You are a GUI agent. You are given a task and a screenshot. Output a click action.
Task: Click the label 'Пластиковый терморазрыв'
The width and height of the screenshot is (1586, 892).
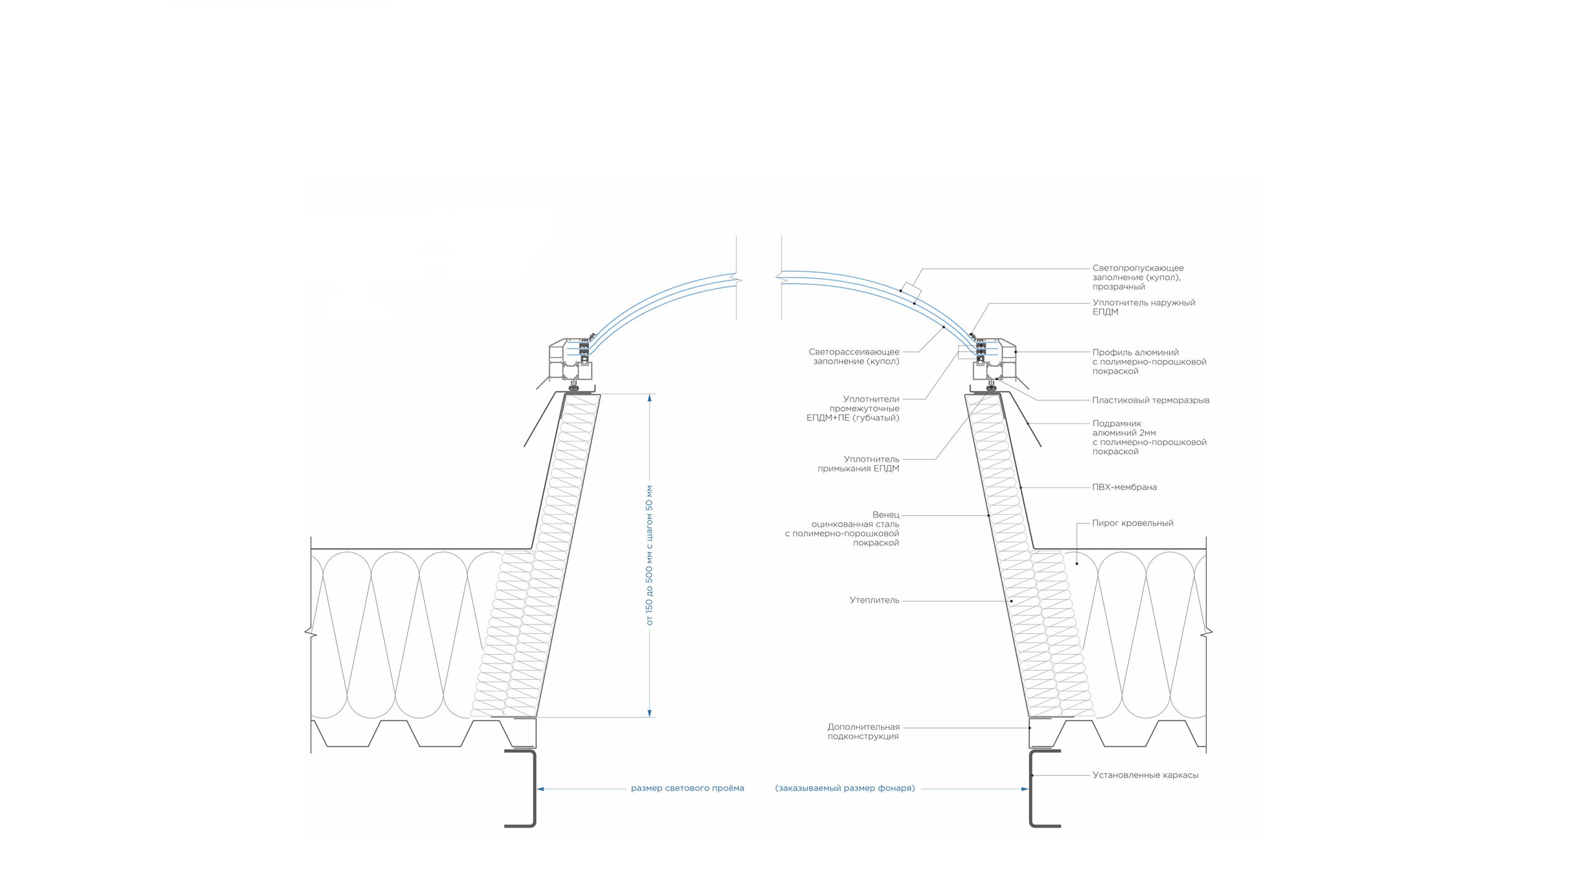(x=1150, y=400)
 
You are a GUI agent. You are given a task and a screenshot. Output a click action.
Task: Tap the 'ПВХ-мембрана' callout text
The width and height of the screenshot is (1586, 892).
(x=1124, y=487)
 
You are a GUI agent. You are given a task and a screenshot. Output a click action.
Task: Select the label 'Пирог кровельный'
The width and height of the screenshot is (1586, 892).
(x=1133, y=523)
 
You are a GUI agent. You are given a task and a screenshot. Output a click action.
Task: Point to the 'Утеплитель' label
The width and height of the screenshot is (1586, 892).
(x=874, y=600)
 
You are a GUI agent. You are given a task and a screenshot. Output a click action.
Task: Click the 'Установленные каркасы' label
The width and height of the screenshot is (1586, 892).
(x=1145, y=775)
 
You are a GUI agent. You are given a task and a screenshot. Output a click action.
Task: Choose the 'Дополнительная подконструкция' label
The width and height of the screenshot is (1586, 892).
(x=863, y=732)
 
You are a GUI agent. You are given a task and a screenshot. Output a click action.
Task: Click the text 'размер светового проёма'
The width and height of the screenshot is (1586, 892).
(x=687, y=789)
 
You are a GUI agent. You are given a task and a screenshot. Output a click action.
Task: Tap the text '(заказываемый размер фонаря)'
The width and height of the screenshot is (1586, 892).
(x=845, y=789)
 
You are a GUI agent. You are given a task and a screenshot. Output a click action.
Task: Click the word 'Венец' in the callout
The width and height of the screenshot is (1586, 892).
(x=885, y=515)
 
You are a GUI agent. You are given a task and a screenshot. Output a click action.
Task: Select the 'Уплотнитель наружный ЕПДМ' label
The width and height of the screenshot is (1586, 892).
(x=1143, y=307)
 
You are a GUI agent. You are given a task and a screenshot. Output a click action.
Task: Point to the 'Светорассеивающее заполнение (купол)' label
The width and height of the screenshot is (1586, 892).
(x=854, y=357)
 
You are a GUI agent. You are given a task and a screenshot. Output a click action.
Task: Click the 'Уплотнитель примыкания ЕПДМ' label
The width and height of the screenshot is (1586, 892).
(x=858, y=464)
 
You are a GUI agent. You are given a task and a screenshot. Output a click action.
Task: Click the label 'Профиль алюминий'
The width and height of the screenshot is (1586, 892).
(x=1135, y=352)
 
